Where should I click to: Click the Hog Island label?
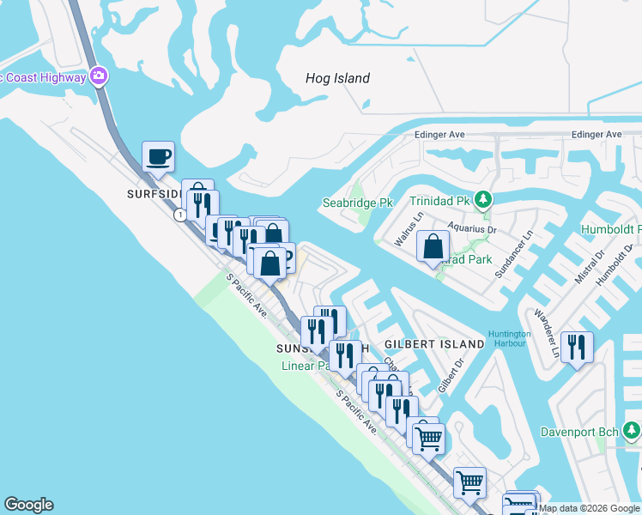click(x=337, y=78)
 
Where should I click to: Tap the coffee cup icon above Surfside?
click(x=158, y=157)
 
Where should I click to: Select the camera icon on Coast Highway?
click(x=100, y=76)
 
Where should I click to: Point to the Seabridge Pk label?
click(x=356, y=203)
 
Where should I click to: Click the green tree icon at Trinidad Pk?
click(x=483, y=200)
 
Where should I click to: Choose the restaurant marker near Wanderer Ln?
click(x=577, y=347)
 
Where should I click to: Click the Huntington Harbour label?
click(x=509, y=338)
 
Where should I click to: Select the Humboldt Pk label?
click(x=610, y=230)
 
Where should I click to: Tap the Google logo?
click(x=29, y=505)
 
